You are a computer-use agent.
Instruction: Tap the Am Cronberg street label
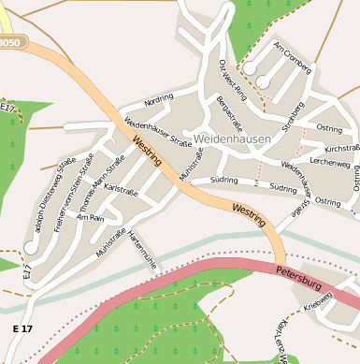(x=292, y=55)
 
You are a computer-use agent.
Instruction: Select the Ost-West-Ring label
(x=231, y=80)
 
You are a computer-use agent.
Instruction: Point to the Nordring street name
(x=159, y=99)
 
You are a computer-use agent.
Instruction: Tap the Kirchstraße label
(x=341, y=148)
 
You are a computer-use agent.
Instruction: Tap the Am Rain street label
(x=90, y=217)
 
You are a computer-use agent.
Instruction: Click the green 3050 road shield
(x=9, y=43)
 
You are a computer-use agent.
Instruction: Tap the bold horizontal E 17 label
(x=22, y=328)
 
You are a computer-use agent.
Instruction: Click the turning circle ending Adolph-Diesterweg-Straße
(x=31, y=248)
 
